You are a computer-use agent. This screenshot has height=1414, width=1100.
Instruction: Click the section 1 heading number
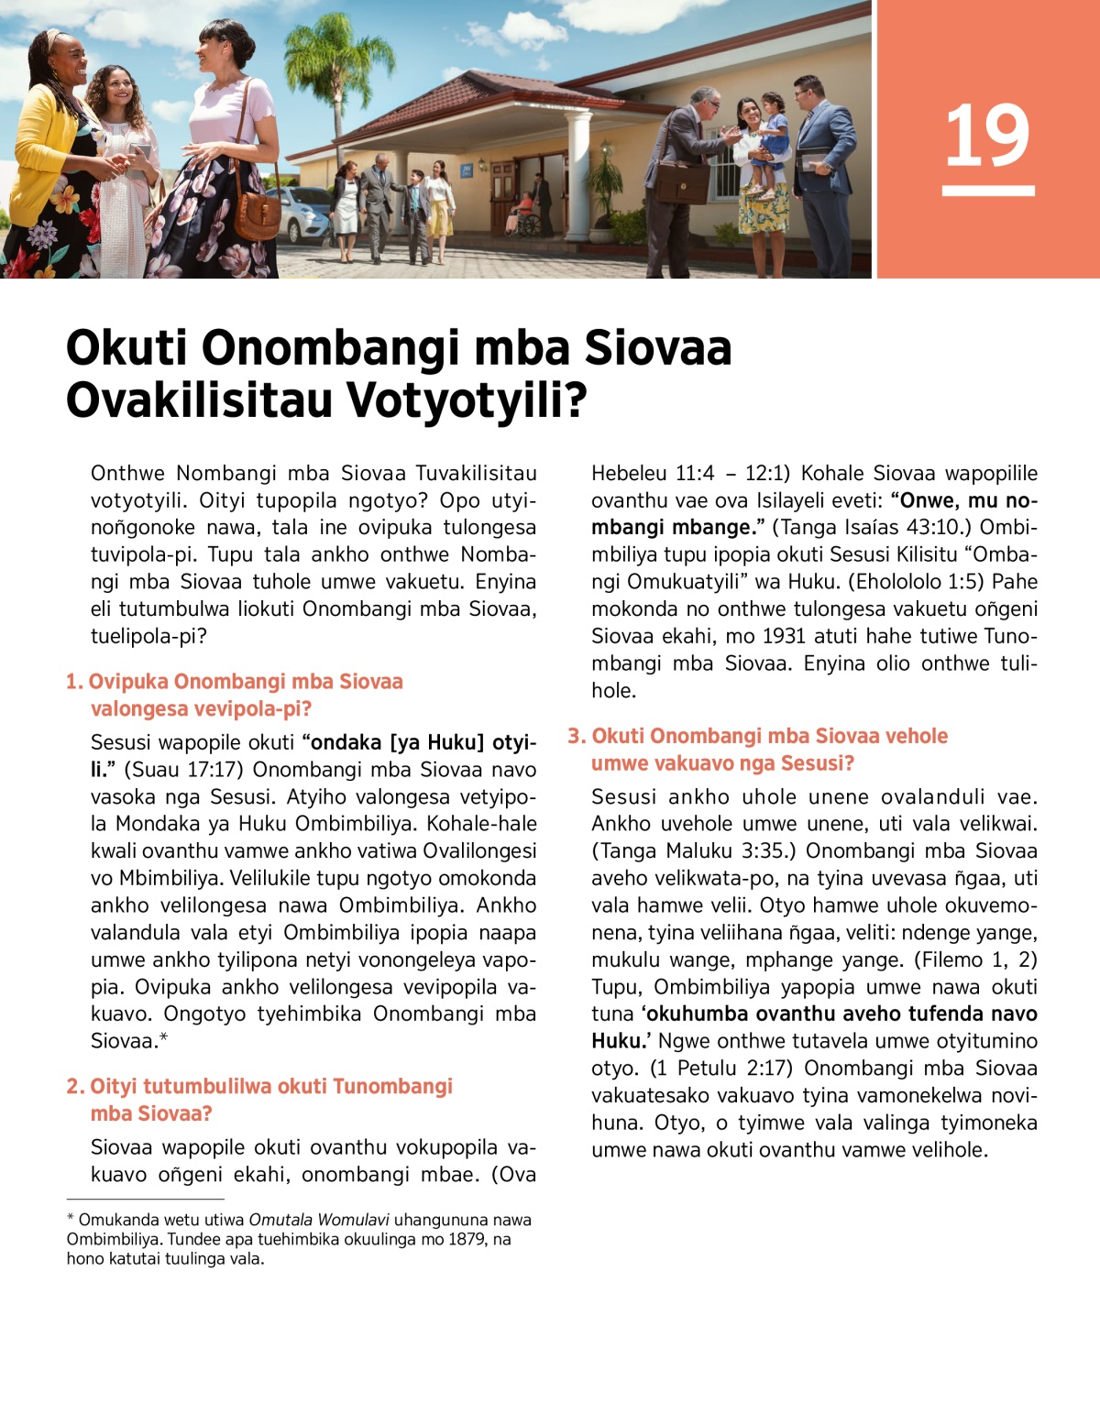74,682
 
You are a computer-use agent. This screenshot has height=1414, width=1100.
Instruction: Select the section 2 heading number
75,1087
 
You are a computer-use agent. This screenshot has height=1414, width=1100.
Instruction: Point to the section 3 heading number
576,736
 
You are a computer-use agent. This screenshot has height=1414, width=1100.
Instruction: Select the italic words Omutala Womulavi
319,1220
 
